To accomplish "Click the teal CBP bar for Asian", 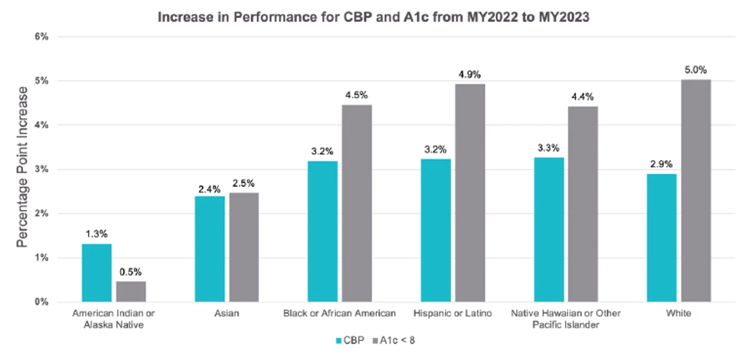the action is tap(210, 249).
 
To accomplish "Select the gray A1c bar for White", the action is tap(696, 191).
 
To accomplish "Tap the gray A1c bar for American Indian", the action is tap(131, 291).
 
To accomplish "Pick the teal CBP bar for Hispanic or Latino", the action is tap(436, 230).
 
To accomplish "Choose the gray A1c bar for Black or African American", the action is tap(357, 203).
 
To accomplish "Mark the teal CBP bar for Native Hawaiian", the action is tap(549, 230).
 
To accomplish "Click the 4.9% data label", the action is tap(469, 74).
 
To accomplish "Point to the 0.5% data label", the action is tap(130, 272).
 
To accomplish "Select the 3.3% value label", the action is tap(549, 148).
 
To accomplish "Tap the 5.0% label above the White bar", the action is tap(696, 70).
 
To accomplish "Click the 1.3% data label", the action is tap(96, 234).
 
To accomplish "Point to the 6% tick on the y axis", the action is tap(42, 37).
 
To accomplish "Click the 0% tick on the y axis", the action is tap(42, 302).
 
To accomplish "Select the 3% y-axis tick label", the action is tap(42, 169).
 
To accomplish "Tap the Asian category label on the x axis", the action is tap(227, 313).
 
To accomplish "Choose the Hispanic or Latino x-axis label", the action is tap(452, 313).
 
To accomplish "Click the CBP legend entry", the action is tap(350, 340).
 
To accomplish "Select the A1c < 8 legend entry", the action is tap(394, 340).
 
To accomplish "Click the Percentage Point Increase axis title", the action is tap(22, 167).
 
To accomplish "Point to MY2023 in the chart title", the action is tap(564, 17).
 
